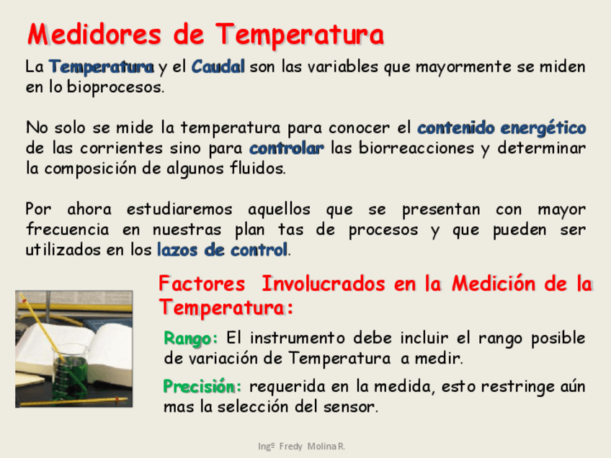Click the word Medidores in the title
pos(94,35)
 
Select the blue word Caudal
pos(218,66)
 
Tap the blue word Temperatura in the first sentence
pos(102,67)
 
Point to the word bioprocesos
pos(115,87)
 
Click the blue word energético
pos(543,128)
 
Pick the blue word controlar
pos(287,148)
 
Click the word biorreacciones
pos(416,148)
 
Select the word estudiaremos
pos(179,210)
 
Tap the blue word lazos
pos(177,250)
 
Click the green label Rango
pos(190,338)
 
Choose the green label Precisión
pos(202,387)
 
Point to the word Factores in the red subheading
pos(202,284)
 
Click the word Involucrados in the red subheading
pos(324,284)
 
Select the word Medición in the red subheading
pos(494,284)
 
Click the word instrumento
pos(298,338)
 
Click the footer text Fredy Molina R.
pos(312,446)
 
